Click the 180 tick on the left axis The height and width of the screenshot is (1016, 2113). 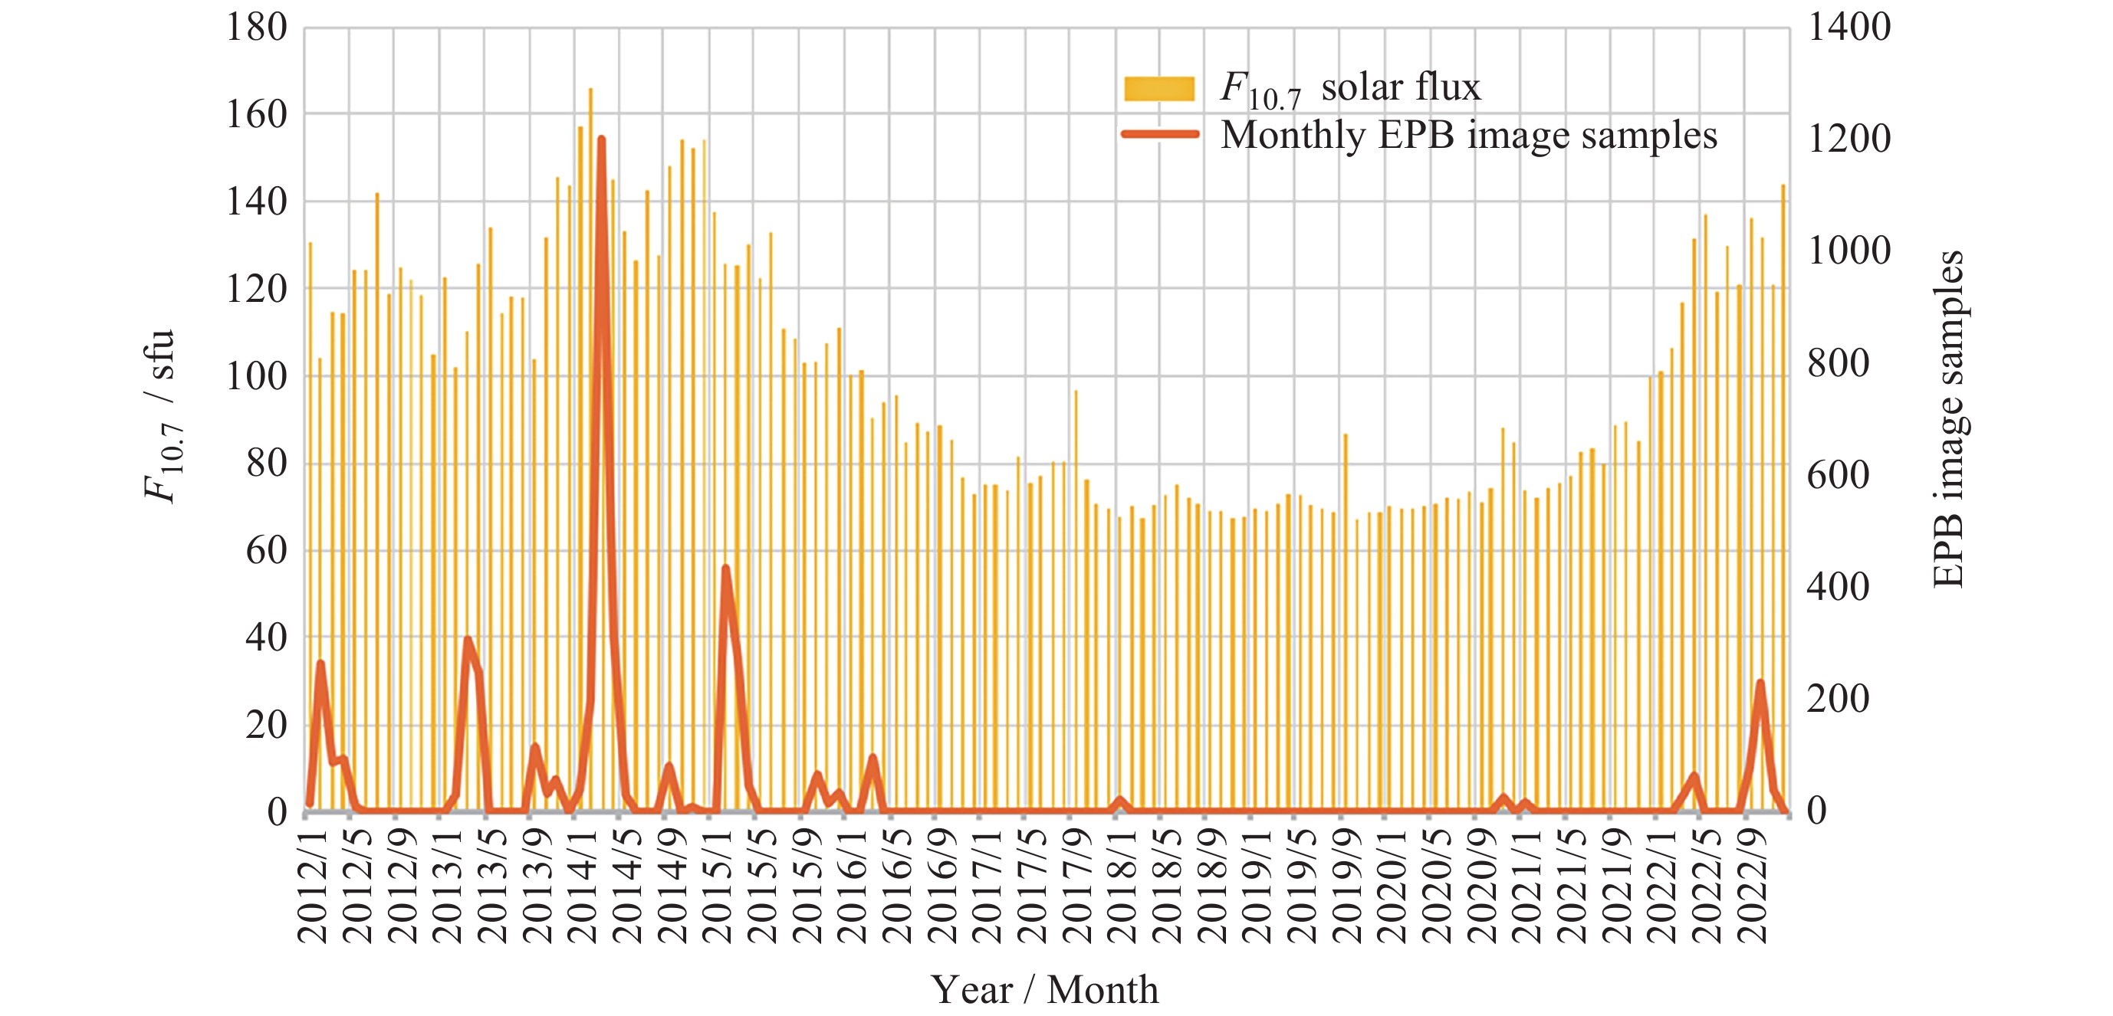(256, 28)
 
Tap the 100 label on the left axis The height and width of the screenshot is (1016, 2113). (256, 377)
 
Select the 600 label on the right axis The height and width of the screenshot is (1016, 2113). (1839, 476)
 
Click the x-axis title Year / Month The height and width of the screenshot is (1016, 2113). (1044, 990)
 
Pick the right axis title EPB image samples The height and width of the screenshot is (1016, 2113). (1949, 418)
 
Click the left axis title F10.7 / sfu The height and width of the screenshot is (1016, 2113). (160, 416)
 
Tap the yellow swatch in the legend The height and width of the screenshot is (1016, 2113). (1158, 89)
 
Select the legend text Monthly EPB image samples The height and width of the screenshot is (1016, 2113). (1468, 136)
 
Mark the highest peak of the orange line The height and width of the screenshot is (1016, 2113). (601, 139)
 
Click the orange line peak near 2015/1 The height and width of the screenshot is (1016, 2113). (725, 568)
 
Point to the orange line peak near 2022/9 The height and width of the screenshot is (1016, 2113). (1760, 682)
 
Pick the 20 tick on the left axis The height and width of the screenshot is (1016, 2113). (266, 726)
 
